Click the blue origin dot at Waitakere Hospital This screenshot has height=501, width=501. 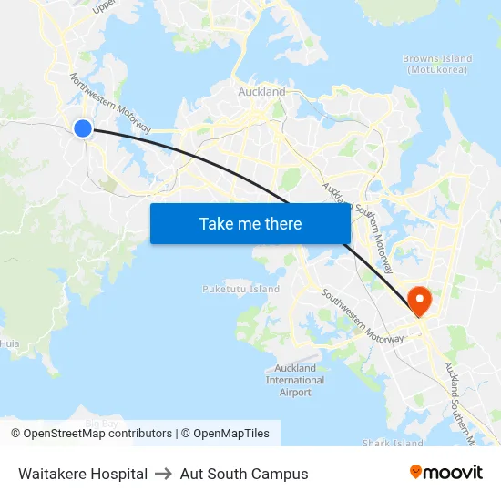[x=83, y=128]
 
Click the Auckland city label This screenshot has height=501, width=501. [x=261, y=92]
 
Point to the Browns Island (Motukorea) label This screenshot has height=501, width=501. [x=437, y=64]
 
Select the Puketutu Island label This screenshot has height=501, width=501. [x=240, y=289]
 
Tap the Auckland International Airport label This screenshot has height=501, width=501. [x=295, y=380]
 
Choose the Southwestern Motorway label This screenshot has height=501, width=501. [x=362, y=316]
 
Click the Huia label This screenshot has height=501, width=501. [x=10, y=343]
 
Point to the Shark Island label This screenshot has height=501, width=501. [x=393, y=444]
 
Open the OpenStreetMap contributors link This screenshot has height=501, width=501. [x=91, y=434]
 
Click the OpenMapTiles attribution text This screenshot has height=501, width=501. [x=231, y=434]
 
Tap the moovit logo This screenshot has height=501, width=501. [x=446, y=472]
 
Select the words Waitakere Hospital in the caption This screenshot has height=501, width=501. [x=83, y=474]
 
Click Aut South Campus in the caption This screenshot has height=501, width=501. [x=244, y=474]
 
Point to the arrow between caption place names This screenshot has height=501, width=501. [x=164, y=474]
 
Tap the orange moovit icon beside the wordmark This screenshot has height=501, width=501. [x=416, y=472]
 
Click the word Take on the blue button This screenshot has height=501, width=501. [x=216, y=223]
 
